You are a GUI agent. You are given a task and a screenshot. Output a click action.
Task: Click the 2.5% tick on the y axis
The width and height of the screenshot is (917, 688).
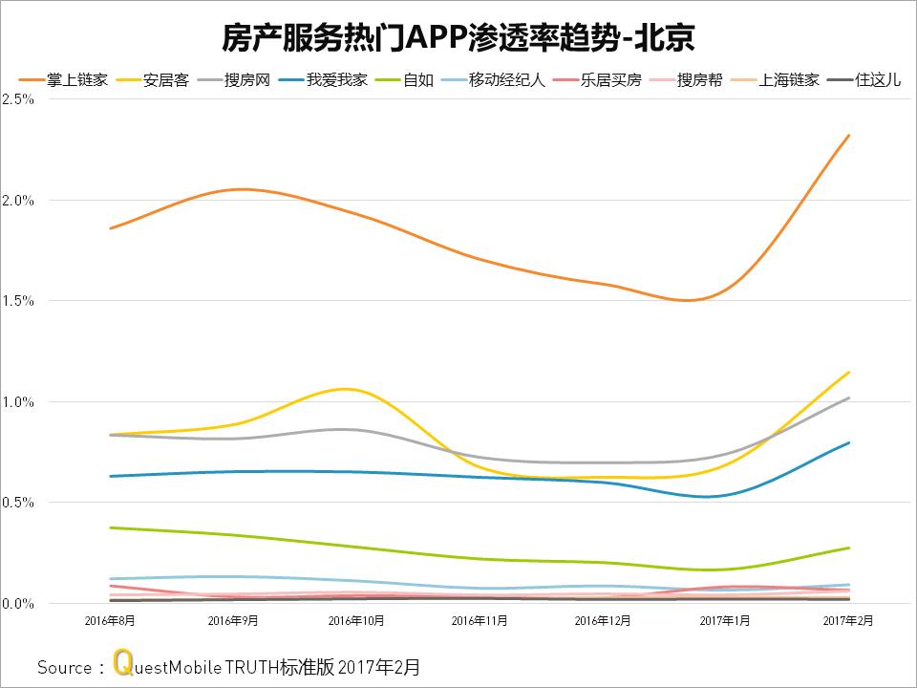point(19,99)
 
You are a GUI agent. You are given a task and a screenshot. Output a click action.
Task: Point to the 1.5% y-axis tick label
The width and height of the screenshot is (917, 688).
point(19,301)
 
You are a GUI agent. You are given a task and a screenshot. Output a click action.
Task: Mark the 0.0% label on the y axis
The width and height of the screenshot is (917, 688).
point(19,603)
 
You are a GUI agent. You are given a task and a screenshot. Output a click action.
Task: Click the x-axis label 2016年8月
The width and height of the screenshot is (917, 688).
point(110,620)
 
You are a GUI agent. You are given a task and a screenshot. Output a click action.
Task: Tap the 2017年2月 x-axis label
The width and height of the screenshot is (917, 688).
point(848,620)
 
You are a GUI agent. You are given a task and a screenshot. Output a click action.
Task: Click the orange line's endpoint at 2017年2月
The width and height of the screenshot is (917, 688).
point(849,136)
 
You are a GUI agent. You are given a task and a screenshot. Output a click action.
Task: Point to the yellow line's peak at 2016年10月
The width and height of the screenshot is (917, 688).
point(344,389)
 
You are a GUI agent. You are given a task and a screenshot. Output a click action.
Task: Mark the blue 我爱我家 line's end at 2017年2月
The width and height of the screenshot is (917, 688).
point(849,442)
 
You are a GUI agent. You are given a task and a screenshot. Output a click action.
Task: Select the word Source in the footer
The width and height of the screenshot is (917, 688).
point(64,667)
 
